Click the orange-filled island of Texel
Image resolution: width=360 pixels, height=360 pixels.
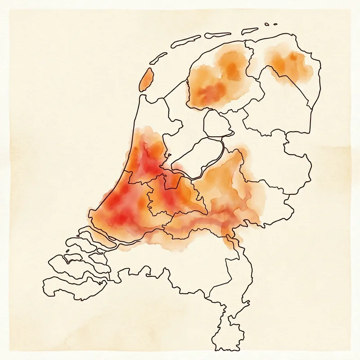(x=146, y=81)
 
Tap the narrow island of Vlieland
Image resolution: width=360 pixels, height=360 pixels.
(x=158, y=57)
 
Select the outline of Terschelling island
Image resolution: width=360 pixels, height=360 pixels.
(x=185, y=41)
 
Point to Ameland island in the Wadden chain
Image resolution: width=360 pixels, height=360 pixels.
(x=218, y=35)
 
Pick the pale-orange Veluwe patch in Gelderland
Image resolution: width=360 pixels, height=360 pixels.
(x=225, y=180)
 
